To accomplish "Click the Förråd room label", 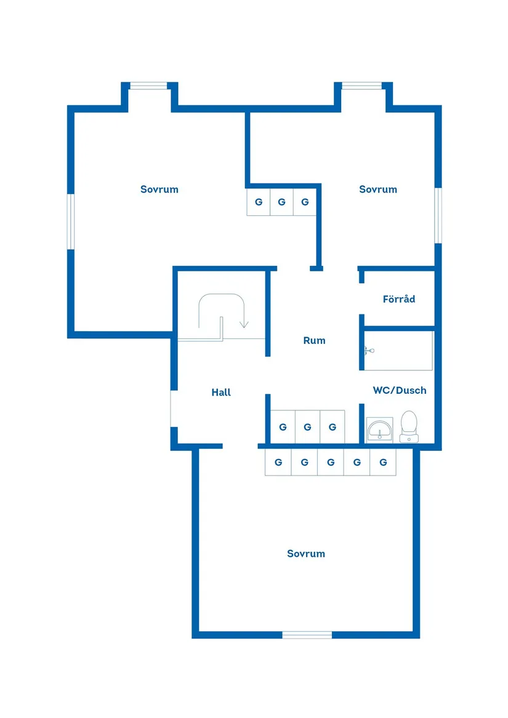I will click(398, 300).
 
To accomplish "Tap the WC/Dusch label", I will click(399, 391).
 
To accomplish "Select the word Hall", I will click(221, 393).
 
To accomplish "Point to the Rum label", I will click(314, 341).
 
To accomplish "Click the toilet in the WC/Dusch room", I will click(409, 426).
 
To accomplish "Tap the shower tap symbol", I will click(368, 351).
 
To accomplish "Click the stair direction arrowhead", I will click(244, 324).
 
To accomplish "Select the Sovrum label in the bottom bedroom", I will click(306, 554).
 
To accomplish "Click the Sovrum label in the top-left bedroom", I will click(159, 189).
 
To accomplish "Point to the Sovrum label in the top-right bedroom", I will click(378, 189).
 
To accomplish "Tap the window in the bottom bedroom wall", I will click(307, 634).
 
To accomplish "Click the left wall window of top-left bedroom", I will click(71, 221).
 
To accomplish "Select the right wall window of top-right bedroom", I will click(438, 215).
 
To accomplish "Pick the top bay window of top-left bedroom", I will click(148, 86).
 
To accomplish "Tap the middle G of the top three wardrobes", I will click(281, 202).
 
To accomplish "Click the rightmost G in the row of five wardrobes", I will click(383, 463).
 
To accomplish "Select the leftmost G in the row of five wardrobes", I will click(278, 463).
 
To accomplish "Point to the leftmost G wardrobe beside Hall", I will click(283, 427).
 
